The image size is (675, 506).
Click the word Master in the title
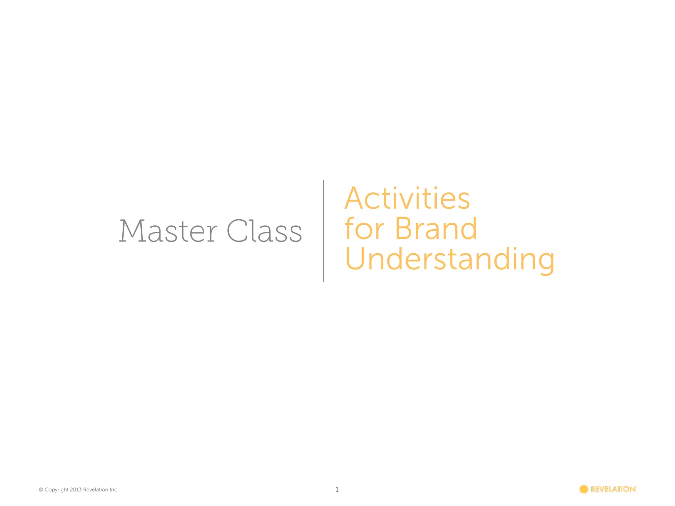pyautogui.click(x=168, y=231)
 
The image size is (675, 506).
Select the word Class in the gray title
pyautogui.click(x=264, y=231)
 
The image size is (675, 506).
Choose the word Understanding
pyautogui.click(x=450, y=260)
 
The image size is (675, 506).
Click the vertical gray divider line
pyautogui.click(x=323, y=231)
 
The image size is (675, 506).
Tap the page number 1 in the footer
pyautogui.click(x=337, y=489)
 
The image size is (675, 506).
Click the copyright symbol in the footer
pyautogui.click(x=41, y=490)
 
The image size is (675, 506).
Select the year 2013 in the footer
pyautogui.click(x=75, y=490)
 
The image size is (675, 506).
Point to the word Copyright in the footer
pyautogui.click(x=57, y=490)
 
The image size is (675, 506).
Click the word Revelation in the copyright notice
pyautogui.click(x=96, y=490)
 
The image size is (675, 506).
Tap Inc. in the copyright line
pyautogui.click(x=114, y=490)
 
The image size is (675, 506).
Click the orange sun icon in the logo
pyautogui.click(x=584, y=489)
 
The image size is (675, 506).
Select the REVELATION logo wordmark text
pyautogui.click(x=613, y=489)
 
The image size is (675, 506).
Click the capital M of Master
pyautogui.click(x=131, y=231)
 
